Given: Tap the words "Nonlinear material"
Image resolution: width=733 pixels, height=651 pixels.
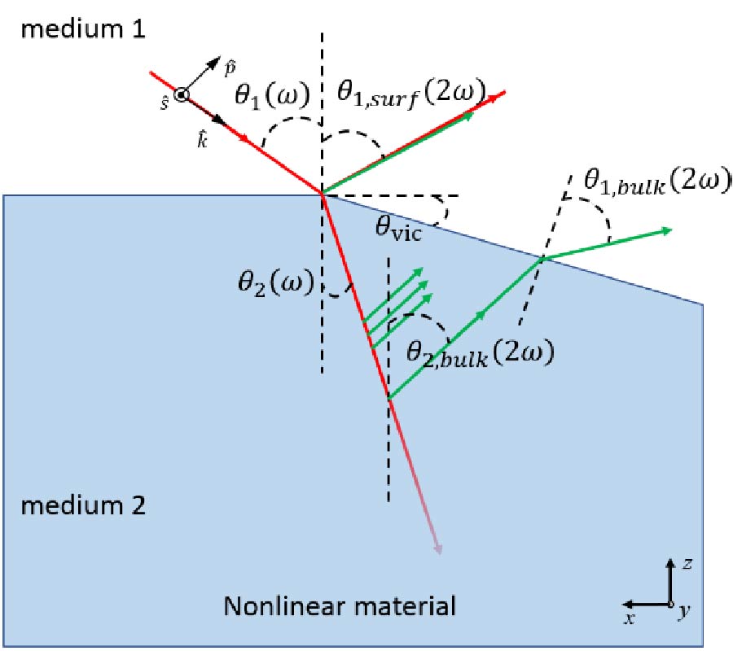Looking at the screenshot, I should (x=340, y=606).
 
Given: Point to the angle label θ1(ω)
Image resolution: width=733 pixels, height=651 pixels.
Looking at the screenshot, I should (x=272, y=96).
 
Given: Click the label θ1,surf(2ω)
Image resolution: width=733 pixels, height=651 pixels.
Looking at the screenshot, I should (x=410, y=94).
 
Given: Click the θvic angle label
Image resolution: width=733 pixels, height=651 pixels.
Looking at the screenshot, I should (x=402, y=225).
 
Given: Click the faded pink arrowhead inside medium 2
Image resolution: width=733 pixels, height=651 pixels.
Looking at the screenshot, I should (x=439, y=548).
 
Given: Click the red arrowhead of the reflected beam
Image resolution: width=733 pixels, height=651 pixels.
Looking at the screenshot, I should (x=501, y=93).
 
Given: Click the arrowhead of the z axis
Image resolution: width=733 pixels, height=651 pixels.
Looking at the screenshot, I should (x=669, y=563).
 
